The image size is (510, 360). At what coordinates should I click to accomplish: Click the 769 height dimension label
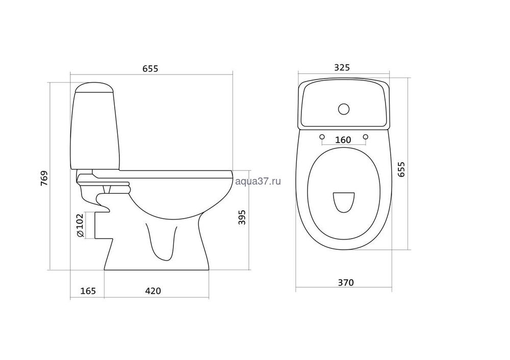click(44, 178)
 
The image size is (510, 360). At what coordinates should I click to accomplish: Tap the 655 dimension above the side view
click(150, 69)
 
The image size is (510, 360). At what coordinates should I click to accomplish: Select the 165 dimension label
click(88, 291)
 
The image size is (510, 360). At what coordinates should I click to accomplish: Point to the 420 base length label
click(153, 291)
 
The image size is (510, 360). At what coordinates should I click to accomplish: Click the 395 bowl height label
click(242, 217)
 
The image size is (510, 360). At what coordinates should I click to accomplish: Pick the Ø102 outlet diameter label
click(80, 225)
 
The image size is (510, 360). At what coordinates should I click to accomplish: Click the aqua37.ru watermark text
click(258, 182)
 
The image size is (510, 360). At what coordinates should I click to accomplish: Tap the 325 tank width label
click(342, 67)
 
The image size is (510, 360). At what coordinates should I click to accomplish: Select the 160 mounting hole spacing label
click(343, 140)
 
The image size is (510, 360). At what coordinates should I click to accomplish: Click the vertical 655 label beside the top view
click(402, 169)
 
